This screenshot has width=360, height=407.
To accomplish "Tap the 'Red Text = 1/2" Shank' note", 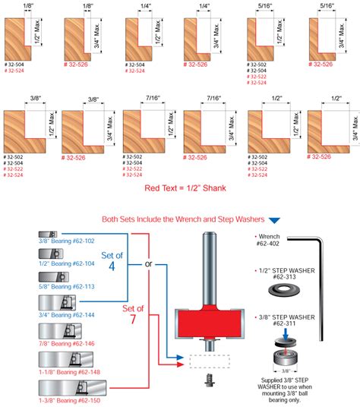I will pyautogui.click(x=180, y=188).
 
